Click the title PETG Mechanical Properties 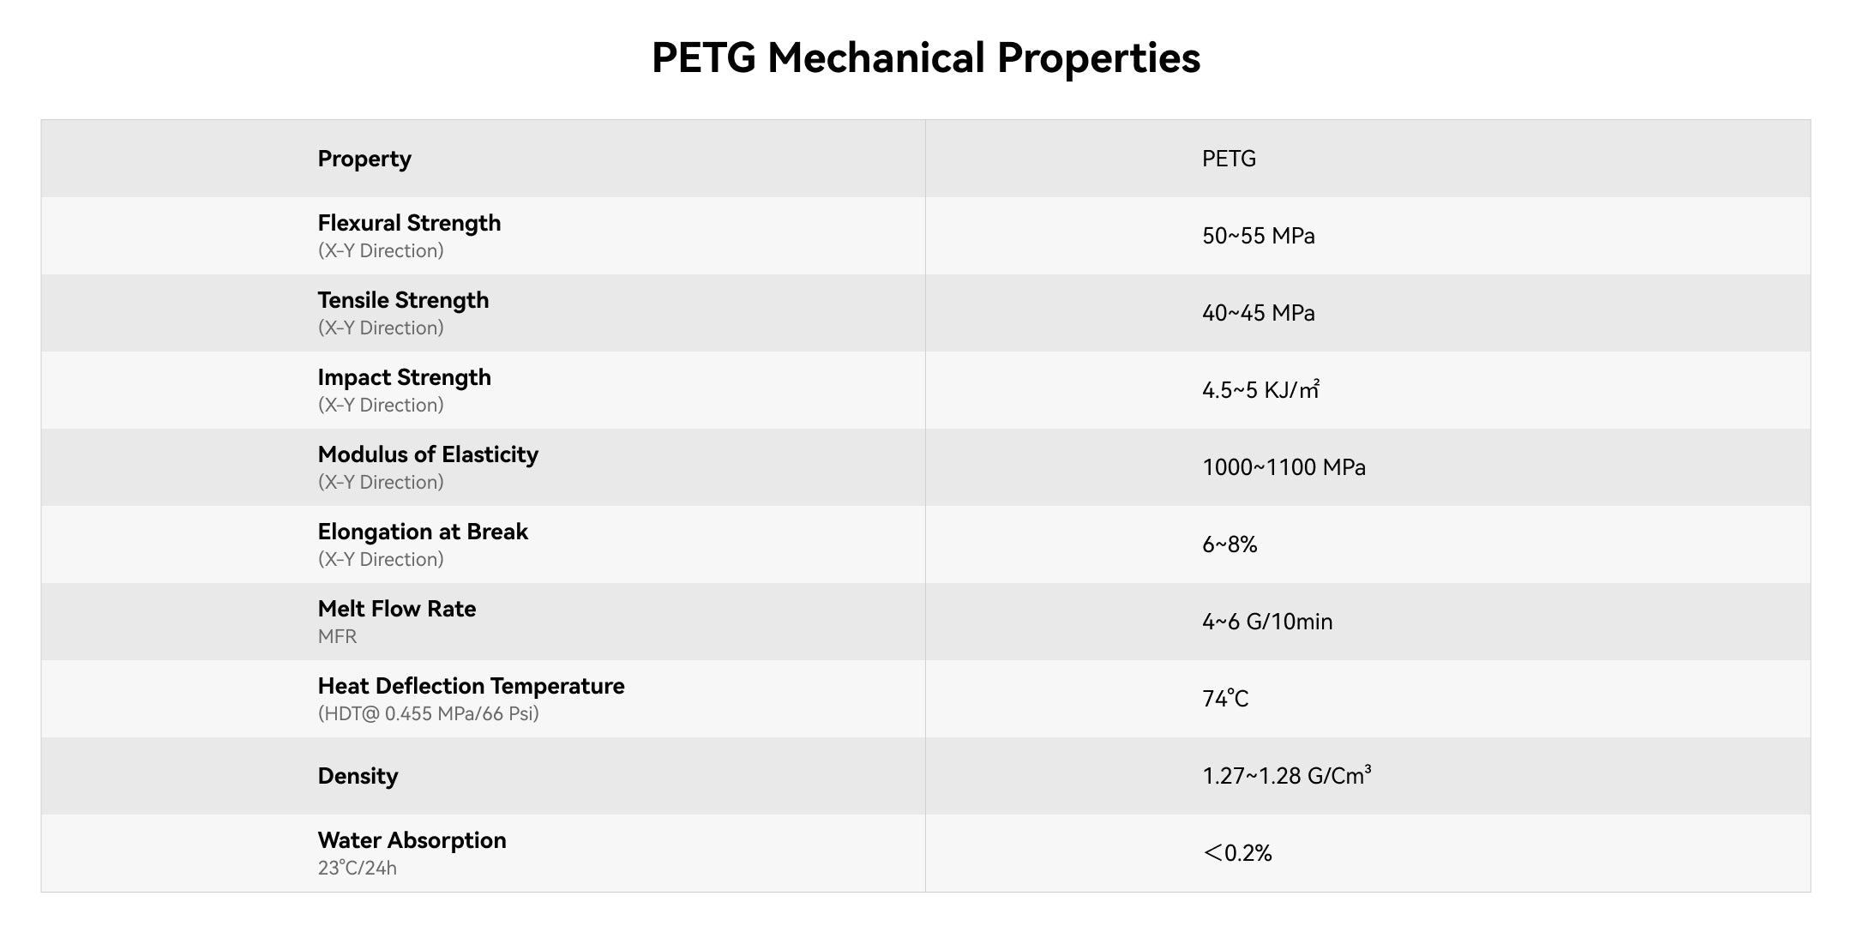point(925,58)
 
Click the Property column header point(364,159)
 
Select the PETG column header point(1229,159)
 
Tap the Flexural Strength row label point(409,223)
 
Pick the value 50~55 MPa point(1258,236)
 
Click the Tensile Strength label point(403,300)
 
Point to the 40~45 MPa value point(1258,313)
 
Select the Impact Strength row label point(404,377)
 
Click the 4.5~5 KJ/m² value point(1260,390)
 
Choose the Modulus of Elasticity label point(428,454)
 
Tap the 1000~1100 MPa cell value point(1284,467)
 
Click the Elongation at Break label point(423,532)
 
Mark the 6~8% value point(1230,544)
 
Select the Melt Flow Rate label point(396,609)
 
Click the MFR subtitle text point(337,636)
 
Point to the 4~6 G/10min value point(1267,622)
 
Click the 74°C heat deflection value point(1225,699)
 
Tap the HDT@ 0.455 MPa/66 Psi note point(428,713)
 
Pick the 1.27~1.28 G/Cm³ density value point(1286,776)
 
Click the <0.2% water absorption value point(1237,853)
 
